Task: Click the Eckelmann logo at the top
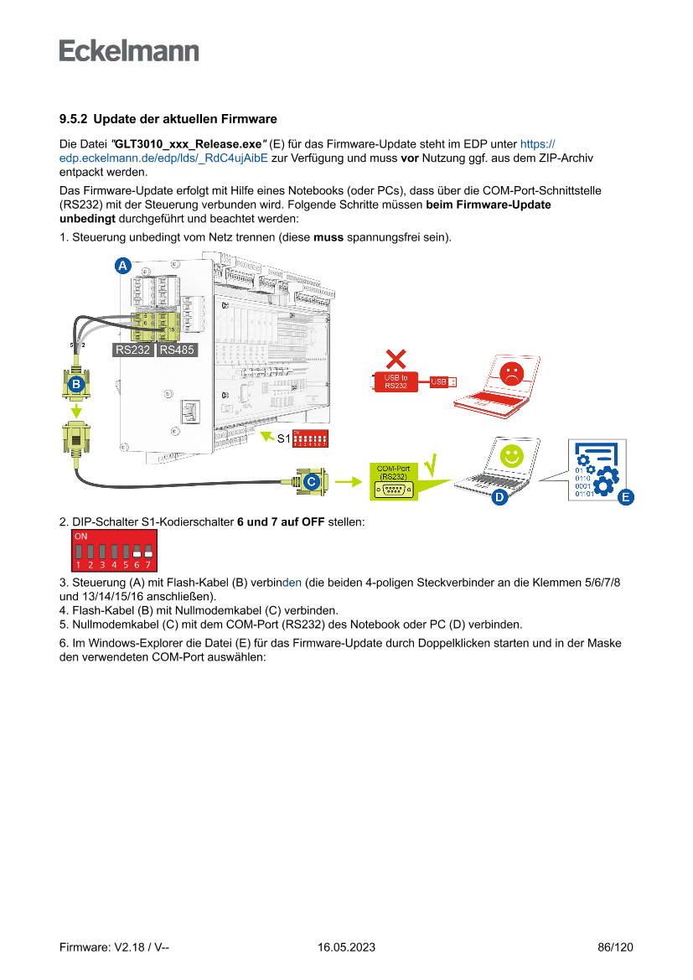pyautogui.click(x=129, y=50)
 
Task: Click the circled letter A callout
pyautogui.click(x=122, y=266)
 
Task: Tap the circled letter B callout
pyautogui.click(x=76, y=385)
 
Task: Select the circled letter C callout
pyautogui.click(x=310, y=481)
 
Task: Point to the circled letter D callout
pyautogui.click(x=499, y=497)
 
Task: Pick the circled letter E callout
pyautogui.click(x=624, y=497)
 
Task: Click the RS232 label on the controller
pyautogui.click(x=133, y=350)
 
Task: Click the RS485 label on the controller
pyautogui.click(x=177, y=350)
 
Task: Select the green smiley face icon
pyautogui.click(x=511, y=455)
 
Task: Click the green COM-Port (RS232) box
pyautogui.click(x=393, y=482)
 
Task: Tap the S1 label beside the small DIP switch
pyautogui.click(x=283, y=438)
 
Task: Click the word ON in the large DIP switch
pyautogui.click(x=80, y=535)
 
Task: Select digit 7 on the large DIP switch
pyautogui.click(x=147, y=565)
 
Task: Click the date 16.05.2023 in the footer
pyautogui.click(x=346, y=947)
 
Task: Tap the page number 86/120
pyautogui.click(x=615, y=947)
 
